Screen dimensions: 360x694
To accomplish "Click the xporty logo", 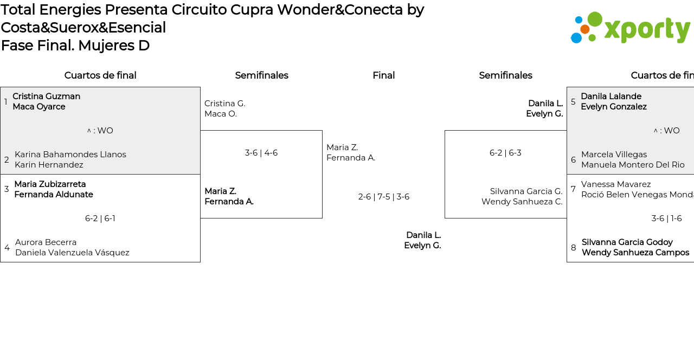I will [630, 28].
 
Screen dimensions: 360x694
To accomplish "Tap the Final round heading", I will [383, 75].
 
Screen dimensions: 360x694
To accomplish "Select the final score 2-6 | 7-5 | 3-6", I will [383, 197].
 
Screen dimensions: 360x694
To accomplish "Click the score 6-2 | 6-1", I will [100, 218].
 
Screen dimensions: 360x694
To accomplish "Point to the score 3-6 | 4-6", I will [261, 153].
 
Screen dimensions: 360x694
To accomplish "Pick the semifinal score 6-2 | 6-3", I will [505, 153].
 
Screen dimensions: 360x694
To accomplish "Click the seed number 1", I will [6, 102].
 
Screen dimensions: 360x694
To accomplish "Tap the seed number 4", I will [7, 248].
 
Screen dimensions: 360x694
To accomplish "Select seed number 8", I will [573, 248].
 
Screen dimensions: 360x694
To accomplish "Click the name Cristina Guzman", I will [46, 97].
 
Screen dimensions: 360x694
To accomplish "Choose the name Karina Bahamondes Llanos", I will [70, 155].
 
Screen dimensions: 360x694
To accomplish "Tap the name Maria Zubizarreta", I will [50, 184].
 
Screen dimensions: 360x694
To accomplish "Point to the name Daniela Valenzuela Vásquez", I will [72, 253].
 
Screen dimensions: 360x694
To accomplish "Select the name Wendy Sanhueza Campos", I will [635, 253].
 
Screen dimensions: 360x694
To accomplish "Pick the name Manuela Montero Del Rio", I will [633, 165].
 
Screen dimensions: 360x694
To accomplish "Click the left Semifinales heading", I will [261, 75].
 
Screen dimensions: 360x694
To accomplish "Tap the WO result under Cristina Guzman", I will [100, 131].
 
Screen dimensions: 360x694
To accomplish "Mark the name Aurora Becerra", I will [46, 242].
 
